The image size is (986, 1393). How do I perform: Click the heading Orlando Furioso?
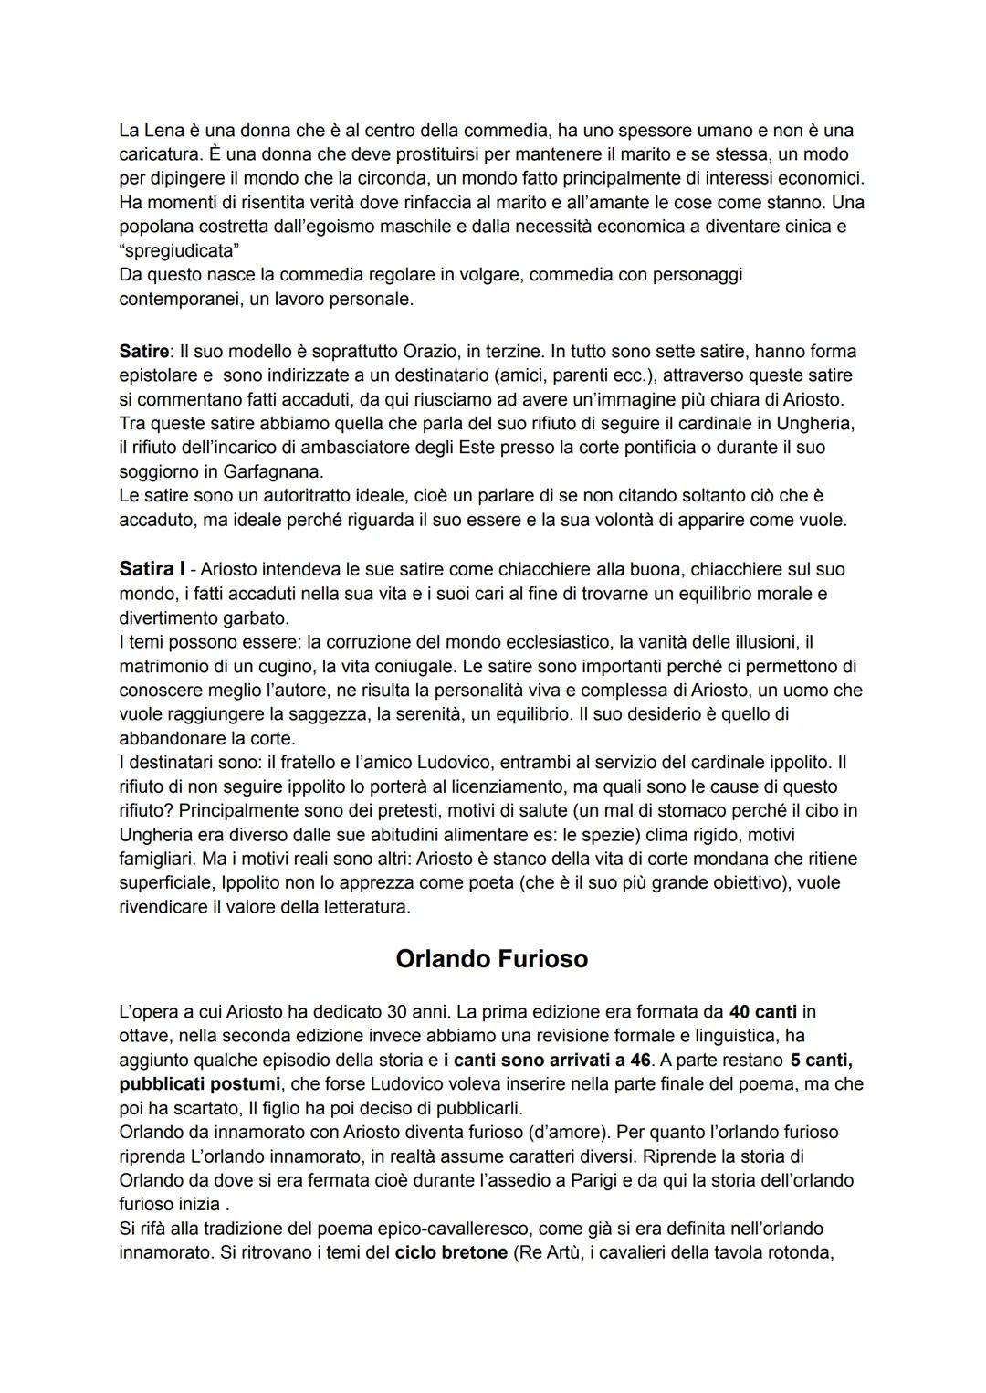click(492, 959)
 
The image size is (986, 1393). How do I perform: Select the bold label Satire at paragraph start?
click(143, 351)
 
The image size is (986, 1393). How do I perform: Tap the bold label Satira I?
click(152, 569)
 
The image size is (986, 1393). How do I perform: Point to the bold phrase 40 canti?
click(763, 1012)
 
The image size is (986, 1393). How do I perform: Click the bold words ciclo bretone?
click(451, 1252)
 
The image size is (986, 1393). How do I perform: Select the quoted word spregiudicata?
click(173, 250)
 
